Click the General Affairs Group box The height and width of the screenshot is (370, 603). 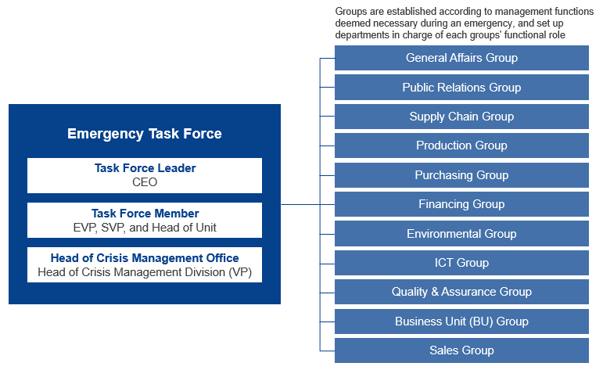461,58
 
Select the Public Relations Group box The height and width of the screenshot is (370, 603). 461,88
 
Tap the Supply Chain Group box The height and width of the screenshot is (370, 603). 461,117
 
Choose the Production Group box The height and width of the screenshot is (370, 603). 461,145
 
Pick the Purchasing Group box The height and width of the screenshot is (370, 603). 461,175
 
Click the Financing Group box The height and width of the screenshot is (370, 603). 461,204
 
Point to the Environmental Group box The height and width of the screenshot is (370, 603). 461,233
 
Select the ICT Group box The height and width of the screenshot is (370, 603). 461,263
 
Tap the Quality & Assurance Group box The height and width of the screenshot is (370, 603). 461,292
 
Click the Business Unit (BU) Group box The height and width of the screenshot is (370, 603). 461,322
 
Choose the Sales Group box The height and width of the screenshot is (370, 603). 461,350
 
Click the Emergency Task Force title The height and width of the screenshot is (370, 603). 145,134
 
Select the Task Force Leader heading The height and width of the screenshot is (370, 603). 145,168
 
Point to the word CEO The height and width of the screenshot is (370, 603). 145,182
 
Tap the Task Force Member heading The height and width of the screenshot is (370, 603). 145,214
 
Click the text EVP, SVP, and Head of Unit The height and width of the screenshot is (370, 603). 145,228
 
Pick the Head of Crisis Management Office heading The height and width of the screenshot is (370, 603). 145,258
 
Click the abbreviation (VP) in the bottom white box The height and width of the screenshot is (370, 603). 240,272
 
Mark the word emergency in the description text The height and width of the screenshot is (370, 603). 482,23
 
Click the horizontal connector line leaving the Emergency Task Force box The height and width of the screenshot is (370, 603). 300,204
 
